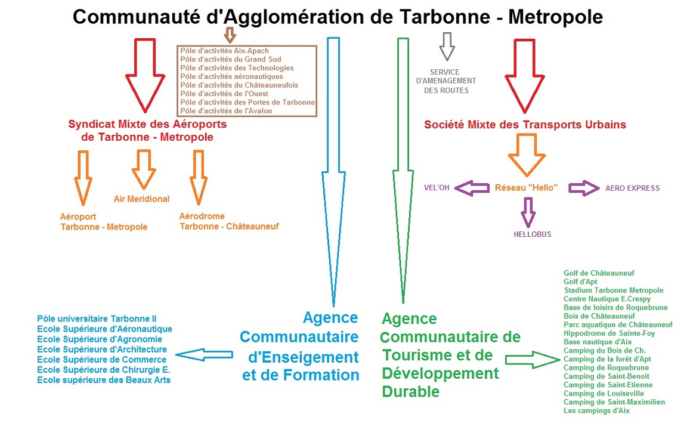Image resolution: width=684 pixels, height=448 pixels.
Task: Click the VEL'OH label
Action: (x=437, y=188)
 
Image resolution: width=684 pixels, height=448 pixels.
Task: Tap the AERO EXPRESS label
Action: (x=632, y=188)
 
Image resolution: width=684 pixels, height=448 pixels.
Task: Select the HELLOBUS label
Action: (x=533, y=234)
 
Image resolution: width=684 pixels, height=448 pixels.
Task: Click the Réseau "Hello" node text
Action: (x=526, y=187)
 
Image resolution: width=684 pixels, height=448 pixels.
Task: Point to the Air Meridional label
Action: (x=142, y=199)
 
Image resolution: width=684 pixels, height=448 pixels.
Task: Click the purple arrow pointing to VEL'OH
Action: (x=471, y=188)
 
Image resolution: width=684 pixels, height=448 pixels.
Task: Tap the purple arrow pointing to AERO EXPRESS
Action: (x=584, y=188)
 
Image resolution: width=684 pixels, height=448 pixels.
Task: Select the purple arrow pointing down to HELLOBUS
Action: (x=527, y=211)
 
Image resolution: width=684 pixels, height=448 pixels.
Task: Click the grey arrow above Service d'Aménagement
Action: (x=447, y=47)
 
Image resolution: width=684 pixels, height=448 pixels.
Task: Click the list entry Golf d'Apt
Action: (x=580, y=282)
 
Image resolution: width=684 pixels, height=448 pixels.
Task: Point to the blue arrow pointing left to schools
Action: (x=205, y=354)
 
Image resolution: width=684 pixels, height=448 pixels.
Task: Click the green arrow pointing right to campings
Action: (x=531, y=360)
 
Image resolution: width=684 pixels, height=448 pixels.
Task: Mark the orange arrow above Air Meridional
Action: (x=144, y=169)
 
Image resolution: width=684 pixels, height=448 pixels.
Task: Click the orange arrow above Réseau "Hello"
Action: (x=527, y=155)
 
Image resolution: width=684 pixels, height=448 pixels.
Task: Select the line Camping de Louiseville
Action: (x=603, y=394)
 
